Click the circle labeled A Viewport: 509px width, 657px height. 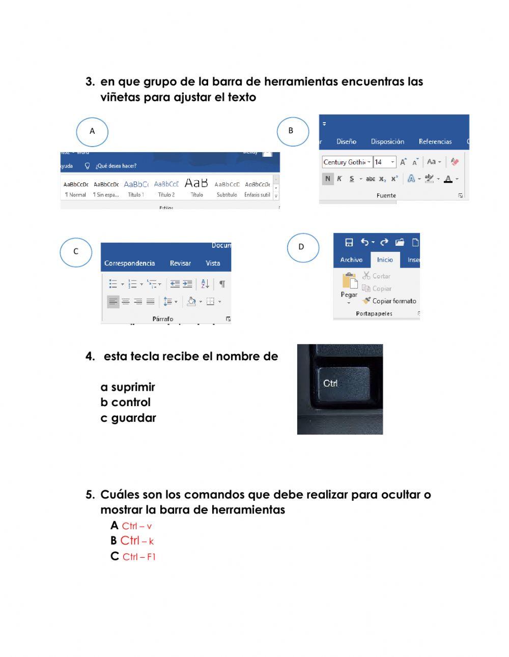click(92, 132)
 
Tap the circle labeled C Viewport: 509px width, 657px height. click(76, 252)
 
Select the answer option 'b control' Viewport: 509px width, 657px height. click(126, 403)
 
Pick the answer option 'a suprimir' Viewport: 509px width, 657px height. click(128, 387)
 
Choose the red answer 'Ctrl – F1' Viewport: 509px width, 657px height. click(138, 557)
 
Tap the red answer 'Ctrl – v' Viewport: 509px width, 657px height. click(136, 526)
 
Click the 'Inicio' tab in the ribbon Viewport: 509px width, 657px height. click(385, 260)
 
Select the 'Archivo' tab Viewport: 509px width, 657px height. click(351, 260)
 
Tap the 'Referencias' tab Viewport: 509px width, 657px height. click(435, 141)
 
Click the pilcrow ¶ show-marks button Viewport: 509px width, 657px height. click(222, 284)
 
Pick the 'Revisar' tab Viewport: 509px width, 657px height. click(180, 263)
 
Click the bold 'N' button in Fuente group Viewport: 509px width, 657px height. click(328, 179)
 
